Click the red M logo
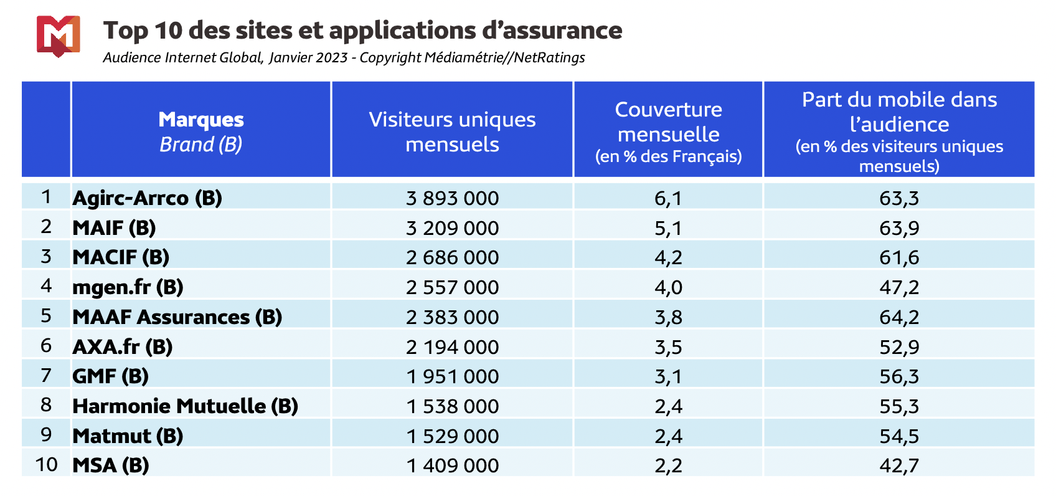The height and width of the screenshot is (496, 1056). point(58,36)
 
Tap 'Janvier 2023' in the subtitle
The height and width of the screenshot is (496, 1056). point(309,58)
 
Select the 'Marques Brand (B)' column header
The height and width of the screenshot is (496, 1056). point(200,131)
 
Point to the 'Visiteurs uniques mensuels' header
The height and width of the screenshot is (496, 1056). point(452,131)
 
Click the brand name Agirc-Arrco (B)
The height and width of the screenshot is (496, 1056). point(147,198)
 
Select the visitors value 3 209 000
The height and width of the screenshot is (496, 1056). point(452,227)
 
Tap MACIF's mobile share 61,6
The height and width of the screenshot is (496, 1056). point(899,257)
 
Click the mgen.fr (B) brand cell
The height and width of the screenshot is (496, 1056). point(128,287)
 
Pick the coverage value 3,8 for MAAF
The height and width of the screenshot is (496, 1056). point(668,317)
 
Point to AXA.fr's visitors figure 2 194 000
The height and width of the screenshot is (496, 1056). point(452,346)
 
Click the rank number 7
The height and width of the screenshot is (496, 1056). point(46,376)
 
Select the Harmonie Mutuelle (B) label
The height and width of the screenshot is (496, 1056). point(185,406)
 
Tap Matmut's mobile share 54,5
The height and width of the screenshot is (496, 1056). point(899,436)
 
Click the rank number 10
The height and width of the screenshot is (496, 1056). point(46,465)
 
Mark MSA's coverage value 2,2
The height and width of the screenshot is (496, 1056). point(668,465)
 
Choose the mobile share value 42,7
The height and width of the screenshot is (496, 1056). point(899,465)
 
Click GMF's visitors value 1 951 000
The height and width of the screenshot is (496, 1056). point(452,376)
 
